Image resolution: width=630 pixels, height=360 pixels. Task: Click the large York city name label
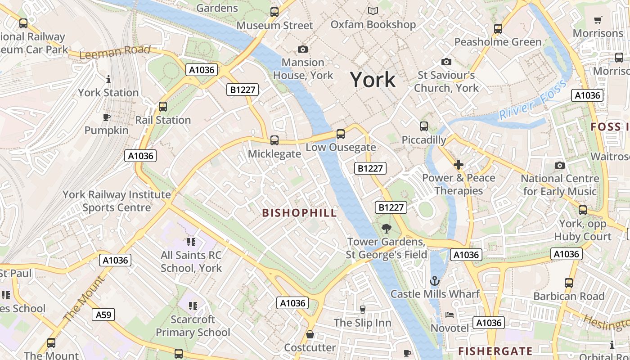373,80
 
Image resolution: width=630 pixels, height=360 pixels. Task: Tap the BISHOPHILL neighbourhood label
299,213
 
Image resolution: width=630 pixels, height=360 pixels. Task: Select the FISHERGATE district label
495,351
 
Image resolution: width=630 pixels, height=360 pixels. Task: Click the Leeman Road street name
115,52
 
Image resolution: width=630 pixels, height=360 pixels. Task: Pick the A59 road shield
103,314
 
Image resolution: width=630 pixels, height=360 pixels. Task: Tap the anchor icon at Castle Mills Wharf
434,281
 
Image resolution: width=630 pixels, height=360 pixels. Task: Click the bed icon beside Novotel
449,315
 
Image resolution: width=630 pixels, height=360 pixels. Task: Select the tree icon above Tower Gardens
386,229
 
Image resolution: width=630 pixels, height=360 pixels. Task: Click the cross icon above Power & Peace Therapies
458,165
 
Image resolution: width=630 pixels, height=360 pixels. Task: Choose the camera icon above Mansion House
303,49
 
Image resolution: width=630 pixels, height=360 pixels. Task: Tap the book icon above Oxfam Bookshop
373,11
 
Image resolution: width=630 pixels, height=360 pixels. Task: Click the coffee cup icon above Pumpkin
106,117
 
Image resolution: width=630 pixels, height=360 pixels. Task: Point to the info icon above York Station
108,80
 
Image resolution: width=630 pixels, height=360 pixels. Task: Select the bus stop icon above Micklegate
274,140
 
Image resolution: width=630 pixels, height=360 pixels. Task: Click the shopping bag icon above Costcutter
310,334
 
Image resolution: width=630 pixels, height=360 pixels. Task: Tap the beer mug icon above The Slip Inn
362,310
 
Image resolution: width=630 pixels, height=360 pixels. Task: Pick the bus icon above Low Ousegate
341,134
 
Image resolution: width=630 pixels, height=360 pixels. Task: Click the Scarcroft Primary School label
193,326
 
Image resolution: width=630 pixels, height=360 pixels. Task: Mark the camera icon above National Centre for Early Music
559,165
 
